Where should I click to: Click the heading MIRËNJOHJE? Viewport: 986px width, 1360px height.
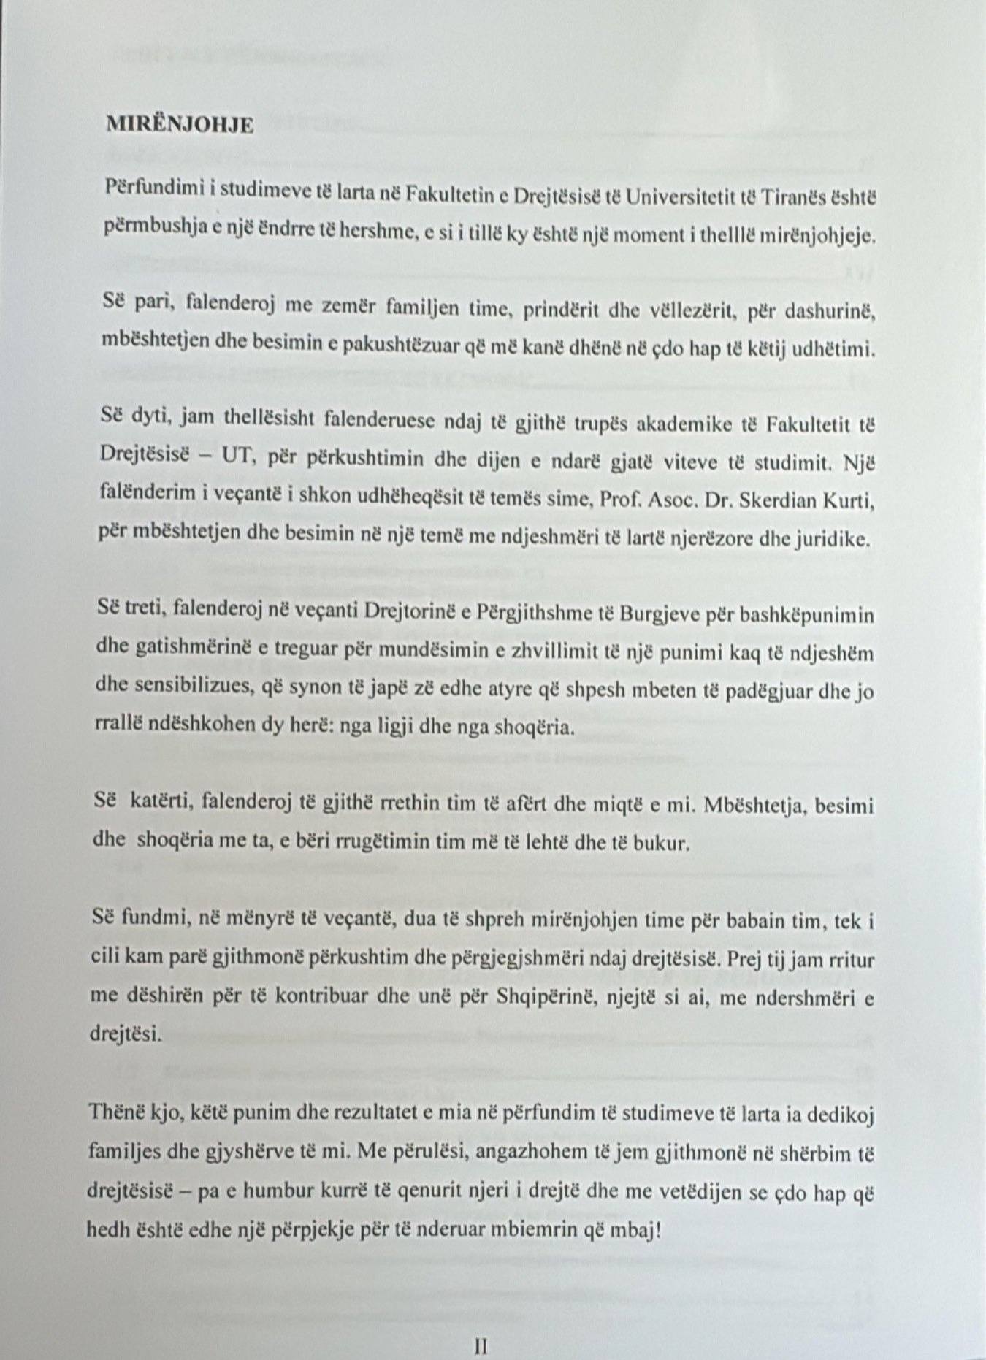click(x=180, y=126)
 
